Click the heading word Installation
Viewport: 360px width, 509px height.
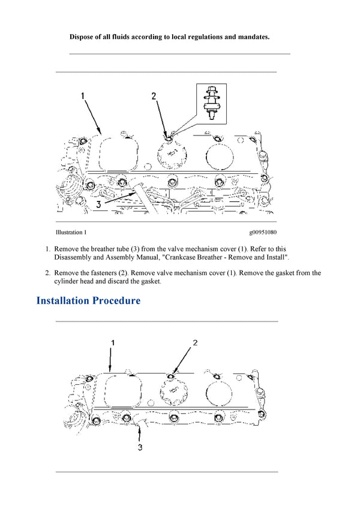[x=63, y=300]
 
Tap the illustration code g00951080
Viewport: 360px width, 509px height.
[x=263, y=232]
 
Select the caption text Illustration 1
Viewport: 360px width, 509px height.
[x=71, y=232]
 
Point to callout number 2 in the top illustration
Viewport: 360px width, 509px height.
[x=154, y=95]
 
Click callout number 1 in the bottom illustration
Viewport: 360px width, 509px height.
[x=111, y=342]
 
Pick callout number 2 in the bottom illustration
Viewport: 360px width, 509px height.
[x=195, y=342]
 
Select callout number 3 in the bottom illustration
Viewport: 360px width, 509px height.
[x=140, y=447]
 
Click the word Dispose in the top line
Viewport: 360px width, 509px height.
[x=84, y=37]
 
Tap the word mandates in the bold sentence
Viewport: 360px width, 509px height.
[x=251, y=37]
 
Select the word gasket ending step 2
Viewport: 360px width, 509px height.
[x=150, y=281]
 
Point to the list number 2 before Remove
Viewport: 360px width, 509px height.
[x=47, y=273]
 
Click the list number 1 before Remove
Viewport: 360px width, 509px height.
[x=47, y=249]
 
